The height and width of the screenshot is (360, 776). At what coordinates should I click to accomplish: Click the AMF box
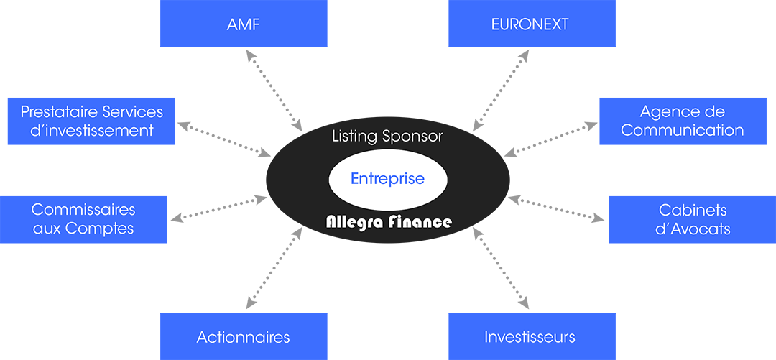point(244,23)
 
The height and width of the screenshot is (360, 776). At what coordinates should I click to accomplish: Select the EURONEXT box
point(532,23)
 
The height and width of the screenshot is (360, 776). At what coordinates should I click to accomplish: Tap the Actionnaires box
point(244,336)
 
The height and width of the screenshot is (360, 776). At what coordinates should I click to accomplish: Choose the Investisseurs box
point(532,336)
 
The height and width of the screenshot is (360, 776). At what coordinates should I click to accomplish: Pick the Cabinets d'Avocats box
point(693,219)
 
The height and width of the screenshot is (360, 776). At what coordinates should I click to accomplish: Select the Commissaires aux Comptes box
point(83,219)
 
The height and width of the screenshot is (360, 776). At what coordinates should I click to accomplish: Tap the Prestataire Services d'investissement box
point(91,121)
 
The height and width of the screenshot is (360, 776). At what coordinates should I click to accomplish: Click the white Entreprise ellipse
point(388,179)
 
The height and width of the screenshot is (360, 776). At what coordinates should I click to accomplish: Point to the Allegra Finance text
point(389,222)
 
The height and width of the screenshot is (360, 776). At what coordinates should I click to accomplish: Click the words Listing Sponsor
point(387,137)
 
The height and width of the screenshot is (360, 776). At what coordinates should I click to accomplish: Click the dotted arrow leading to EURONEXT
point(501,91)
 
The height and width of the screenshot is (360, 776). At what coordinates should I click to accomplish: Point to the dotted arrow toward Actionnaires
point(274,268)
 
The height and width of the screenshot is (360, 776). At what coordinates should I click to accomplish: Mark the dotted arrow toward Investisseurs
point(501,268)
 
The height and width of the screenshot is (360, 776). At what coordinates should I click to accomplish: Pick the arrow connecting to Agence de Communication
point(551,139)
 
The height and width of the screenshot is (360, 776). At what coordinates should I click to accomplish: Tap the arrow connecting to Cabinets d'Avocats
point(556,208)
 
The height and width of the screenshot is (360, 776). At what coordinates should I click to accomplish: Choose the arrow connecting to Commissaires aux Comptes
point(218,208)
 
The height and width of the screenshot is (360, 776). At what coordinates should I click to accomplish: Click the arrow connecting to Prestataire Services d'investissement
point(223,139)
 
